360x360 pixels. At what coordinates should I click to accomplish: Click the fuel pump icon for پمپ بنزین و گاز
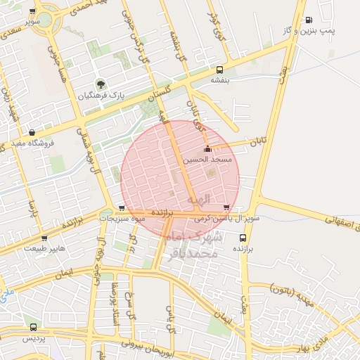pos(309,20)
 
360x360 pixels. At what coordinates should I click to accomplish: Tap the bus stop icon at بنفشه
pos(220,70)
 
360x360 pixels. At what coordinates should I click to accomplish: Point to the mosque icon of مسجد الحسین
pos(207,150)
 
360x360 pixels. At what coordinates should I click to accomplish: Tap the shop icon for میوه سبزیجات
pos(122,207)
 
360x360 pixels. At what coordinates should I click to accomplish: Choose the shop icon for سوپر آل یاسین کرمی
pos(226,207)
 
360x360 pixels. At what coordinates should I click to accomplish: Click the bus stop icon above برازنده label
pos(243,238)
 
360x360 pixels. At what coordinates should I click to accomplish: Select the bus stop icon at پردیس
pos(33,327)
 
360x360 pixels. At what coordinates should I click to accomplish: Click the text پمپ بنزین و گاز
pos(331,31)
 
